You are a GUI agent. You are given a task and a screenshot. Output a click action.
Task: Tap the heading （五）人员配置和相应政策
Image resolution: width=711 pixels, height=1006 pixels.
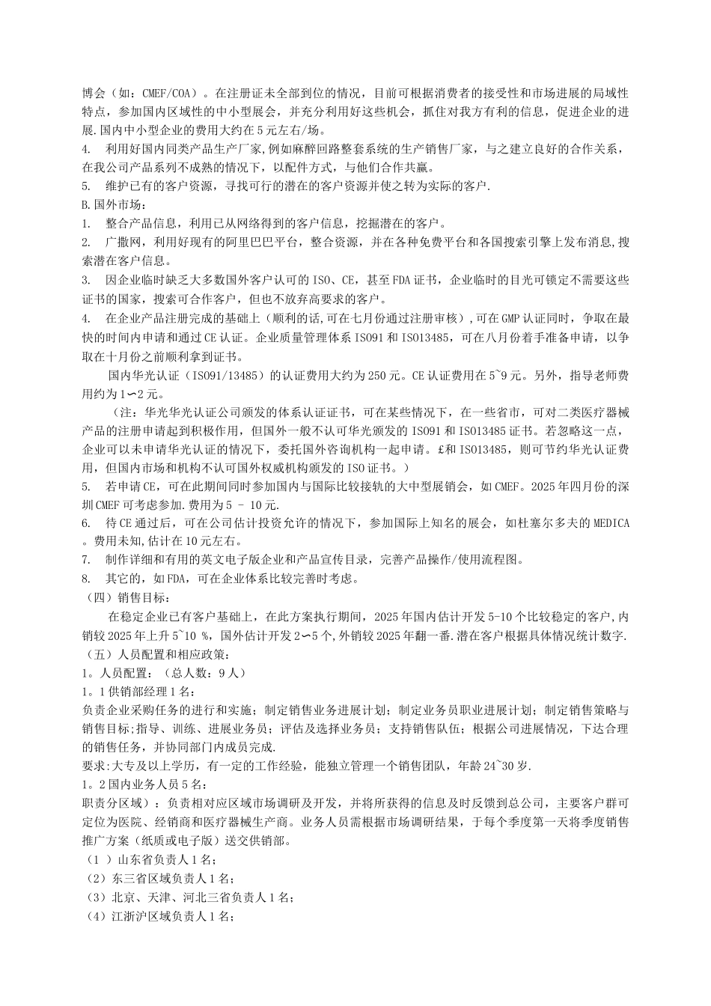[156, 653]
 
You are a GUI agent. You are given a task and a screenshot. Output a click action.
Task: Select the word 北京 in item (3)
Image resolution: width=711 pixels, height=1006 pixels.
[124, 896]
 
